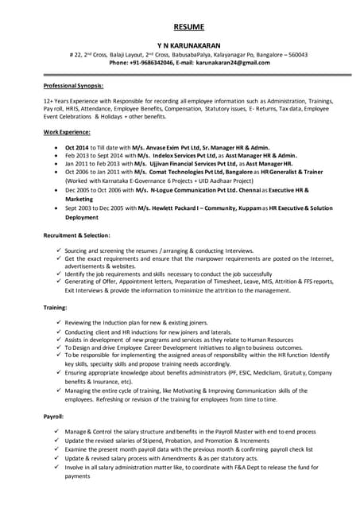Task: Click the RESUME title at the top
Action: coord(180,27)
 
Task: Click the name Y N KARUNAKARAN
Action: coord(180,46)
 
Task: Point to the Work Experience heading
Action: coord(67,130)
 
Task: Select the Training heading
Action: coord(56,306)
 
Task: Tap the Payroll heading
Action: coord(54,416)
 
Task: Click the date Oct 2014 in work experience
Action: coord(77,147)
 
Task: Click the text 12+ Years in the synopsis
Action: coord(60,102)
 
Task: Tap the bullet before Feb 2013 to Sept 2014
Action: coord(53,156)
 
